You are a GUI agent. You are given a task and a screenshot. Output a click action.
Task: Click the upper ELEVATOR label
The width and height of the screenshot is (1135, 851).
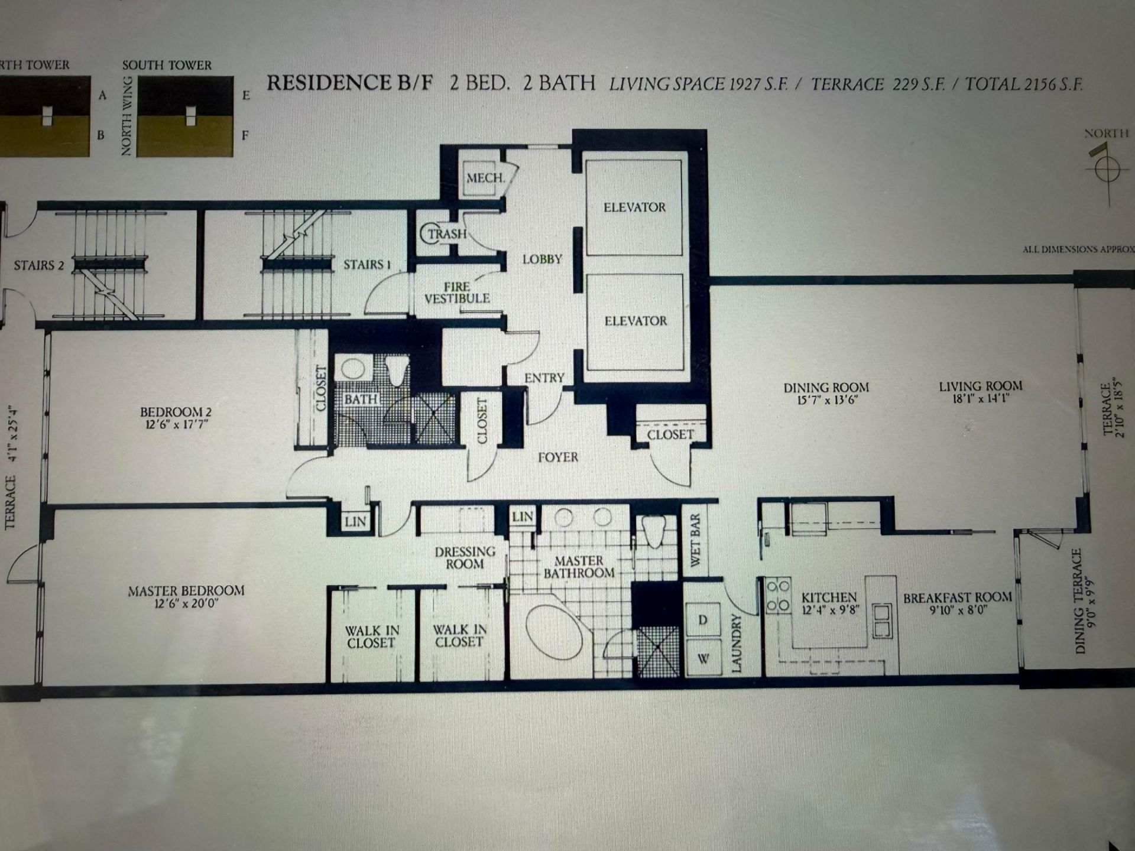634,207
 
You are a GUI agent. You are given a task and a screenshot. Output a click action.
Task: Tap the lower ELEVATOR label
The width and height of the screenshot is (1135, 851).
635,321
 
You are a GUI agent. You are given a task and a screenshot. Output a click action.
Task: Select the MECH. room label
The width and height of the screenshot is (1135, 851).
485,178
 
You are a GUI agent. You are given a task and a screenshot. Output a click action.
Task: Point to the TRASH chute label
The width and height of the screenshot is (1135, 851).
447,234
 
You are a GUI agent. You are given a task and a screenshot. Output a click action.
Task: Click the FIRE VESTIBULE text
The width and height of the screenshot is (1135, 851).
457,293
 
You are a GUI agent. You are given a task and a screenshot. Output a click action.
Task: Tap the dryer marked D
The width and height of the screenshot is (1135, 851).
703,619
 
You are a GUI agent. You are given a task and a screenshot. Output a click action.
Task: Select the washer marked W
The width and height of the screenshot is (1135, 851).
703,658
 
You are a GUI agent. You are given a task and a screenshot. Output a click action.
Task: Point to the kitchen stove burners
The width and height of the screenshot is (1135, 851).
778,596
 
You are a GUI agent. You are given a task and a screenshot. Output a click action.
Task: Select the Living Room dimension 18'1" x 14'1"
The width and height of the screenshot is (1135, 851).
980,399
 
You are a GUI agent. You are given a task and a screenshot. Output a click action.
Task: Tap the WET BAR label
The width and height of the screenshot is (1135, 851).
695,540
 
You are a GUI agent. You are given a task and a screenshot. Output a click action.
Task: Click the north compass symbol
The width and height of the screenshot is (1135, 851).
1107,170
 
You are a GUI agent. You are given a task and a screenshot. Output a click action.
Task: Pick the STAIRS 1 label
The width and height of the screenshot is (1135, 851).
367,265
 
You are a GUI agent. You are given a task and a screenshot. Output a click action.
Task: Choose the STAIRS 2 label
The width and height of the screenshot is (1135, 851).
39,265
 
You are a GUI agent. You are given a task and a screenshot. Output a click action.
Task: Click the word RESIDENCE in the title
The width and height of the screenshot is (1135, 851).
329,83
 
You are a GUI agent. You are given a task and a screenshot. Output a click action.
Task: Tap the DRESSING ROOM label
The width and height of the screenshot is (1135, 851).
465,558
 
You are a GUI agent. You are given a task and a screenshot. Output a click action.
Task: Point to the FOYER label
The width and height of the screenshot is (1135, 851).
557,457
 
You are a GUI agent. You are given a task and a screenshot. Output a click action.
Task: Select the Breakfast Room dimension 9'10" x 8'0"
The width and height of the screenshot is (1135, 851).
957,610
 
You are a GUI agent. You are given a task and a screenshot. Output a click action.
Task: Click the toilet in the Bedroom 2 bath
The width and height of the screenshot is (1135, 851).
397,371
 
